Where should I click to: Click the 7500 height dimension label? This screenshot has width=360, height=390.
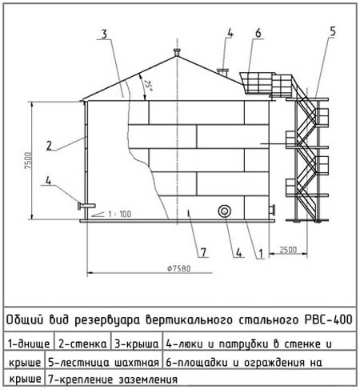coord(27,161)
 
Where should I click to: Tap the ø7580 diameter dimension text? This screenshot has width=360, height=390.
coord(179,268)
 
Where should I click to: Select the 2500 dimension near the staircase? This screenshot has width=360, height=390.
coord(288,250)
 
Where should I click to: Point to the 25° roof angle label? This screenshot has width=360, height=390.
coord(148,86)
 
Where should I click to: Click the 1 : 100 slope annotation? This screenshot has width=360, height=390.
coord(119,214)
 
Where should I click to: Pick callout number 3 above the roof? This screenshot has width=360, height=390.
coord(104,34)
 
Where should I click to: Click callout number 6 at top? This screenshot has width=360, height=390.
coord(258,33)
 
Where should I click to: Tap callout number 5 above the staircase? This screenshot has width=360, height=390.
coord(333,31)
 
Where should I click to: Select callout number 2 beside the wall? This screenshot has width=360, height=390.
coord(49,146)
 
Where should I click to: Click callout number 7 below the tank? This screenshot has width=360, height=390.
coord(203,252)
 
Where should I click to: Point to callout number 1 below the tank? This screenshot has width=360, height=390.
coord(261,253)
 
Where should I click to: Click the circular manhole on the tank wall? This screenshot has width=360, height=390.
coord(224,211)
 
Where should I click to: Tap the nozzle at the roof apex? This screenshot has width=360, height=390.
coord(177,52)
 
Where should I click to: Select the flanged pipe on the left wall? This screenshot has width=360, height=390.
coord(86,206)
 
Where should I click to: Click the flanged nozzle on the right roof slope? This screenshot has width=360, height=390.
coord(222,72)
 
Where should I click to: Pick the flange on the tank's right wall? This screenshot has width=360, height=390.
coord(272,210)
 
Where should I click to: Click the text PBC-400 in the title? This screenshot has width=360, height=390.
coord(329,320)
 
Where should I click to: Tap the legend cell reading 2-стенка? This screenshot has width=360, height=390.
coord(82,344)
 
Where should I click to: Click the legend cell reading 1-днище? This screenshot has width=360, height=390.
coord(29,344)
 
